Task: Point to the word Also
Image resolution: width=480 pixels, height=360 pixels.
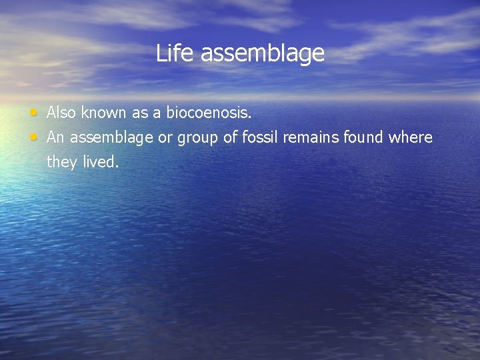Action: tap(62, 113)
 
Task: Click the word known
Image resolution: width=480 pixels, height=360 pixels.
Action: tap(104, 113)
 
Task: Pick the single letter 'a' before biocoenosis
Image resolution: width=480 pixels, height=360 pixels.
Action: tap(157, 113)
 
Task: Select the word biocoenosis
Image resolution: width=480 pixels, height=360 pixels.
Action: tap(209, 113)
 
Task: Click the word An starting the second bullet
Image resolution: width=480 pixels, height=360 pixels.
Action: tap(56, 138)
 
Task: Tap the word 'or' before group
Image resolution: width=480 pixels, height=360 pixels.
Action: tap(166, 138)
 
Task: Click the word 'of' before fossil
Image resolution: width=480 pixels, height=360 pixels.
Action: tap(229, 138)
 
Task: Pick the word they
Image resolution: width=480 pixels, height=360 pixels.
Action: tap(62, 163)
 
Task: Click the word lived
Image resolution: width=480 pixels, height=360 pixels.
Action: tap(101, 163)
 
